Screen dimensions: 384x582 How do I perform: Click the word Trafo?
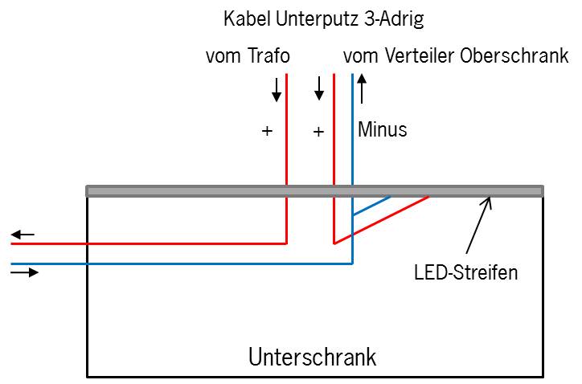coord(268,56)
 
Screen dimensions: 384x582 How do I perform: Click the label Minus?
coord(383,129)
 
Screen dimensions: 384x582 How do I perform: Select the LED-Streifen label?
coord(465,272)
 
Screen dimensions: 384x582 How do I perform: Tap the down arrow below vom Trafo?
coord(277,88)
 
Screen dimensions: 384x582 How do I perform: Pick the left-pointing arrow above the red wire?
coord(23,235)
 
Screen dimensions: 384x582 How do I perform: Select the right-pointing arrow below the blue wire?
coord(24,273)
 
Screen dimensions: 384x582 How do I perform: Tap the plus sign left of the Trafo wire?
coord(267,131)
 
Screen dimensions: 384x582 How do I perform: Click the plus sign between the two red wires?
coord(318,131)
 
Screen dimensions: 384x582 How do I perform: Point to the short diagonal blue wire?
coord(371,206)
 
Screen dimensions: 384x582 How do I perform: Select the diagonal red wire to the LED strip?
coord(382,219)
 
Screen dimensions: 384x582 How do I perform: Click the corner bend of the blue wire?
coord(353,263)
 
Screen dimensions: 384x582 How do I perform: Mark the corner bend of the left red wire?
coord(287,243)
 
